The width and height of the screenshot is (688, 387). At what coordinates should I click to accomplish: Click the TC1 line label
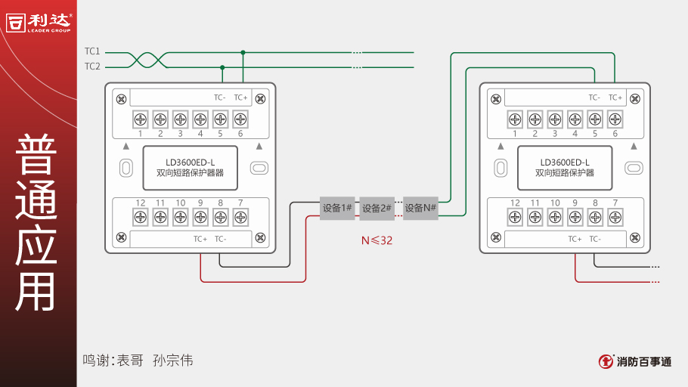click(x=92, y=51)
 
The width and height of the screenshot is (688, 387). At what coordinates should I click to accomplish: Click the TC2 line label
click(x=92, y=67)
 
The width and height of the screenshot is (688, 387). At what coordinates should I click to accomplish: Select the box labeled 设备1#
click(x=337, y=208)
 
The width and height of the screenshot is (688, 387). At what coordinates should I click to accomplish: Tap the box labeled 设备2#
click(x=377, y=208)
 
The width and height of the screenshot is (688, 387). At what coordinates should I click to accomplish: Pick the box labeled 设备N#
click(x=420, y=208)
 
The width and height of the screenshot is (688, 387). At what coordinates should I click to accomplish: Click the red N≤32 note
click(x=377, y=241)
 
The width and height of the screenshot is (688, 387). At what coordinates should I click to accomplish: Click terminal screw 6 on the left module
click(x=240, y=119)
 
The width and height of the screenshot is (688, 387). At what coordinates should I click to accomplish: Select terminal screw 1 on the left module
click(x=141, y=119)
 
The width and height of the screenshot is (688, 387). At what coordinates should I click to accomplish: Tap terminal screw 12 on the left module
click(x=141, y=218)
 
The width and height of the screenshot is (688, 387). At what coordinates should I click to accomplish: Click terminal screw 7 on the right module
click(x=615, y=218)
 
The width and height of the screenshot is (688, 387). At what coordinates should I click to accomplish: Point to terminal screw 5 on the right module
click(x=595, y=119)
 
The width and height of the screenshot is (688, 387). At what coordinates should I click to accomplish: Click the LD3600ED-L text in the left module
click(x=191, y=162)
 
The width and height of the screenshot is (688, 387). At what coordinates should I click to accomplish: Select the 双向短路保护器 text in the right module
click(x=565, y=173)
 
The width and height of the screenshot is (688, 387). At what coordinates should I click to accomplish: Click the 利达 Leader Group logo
click(x=39, y=23)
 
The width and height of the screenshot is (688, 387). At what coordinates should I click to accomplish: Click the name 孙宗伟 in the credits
click(x=172, y=361)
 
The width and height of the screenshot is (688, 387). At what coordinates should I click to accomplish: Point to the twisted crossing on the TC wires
click(x=144, y=60)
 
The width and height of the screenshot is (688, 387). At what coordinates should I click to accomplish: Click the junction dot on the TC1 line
click(x=243, y=52)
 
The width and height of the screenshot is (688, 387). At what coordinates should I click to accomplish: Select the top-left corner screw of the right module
click(x=494, y=98)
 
